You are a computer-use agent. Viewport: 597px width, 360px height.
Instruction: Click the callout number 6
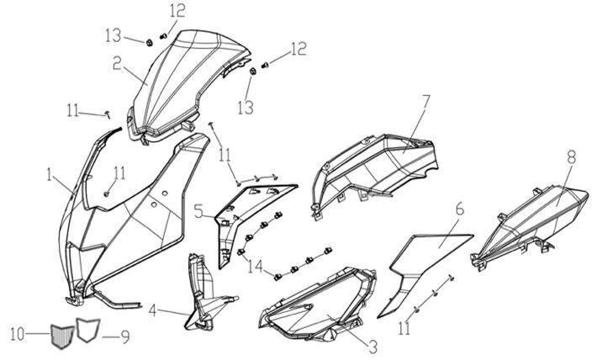point(460,209)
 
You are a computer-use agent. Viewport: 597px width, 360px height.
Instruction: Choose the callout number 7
point(426,103)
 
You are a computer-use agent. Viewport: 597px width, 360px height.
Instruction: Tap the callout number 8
point(571,156)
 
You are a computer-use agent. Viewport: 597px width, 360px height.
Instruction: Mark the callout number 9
point(124,338)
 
